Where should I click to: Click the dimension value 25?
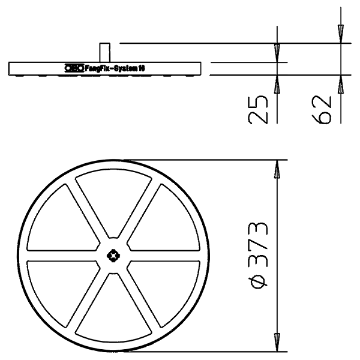coord(258,110)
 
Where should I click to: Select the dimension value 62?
coord(322,110)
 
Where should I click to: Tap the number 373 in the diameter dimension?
coord(258,245)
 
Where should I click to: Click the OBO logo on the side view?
coord(74,68)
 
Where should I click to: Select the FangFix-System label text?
coord(115,68)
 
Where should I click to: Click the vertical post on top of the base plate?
coord(104,52)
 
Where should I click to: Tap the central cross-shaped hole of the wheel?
coord(113,256)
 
